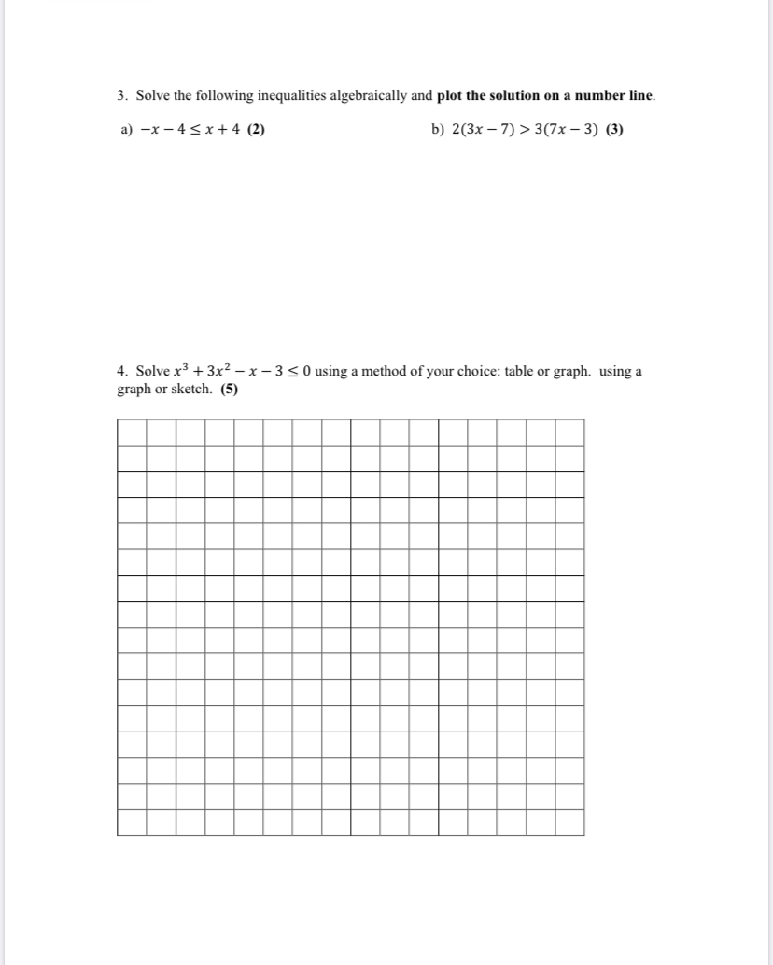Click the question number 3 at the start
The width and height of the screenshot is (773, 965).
coord(122,96)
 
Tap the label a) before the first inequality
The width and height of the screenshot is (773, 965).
coord(128,130)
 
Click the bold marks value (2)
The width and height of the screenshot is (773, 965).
coord(256,130)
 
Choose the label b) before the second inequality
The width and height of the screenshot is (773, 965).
coord(439,130)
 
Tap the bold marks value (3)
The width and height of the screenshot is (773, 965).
coord(614,130)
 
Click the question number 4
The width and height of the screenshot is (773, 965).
coord(122,372)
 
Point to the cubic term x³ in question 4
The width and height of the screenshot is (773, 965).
coord(175,371)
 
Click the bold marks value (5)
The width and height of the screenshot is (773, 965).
coord(229,390)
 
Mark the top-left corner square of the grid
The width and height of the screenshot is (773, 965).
coord(132,433)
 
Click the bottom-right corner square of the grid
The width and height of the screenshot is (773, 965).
coord(569,822)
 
